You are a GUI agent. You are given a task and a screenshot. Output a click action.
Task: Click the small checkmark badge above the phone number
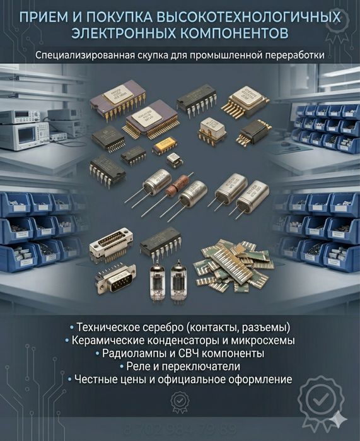[180, 401]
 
